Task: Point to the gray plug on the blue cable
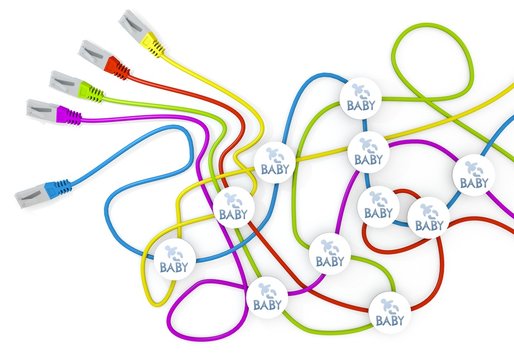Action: tap(34, 190)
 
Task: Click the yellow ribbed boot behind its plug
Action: tap(152, 42)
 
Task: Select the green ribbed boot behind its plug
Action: tap(90, 93)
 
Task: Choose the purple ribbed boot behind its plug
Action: tap(68, 116)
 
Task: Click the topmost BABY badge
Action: tap(361, 96)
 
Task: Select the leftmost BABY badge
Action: tap(171, 259)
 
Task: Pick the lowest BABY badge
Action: tap(389, 312)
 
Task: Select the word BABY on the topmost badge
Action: tap(361, 103)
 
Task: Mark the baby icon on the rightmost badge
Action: tap(472, 167)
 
